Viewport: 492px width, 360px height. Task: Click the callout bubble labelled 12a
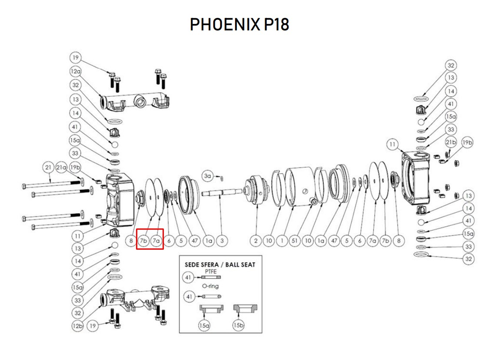[x=75, y=71]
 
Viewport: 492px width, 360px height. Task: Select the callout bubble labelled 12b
[x=77, y=326]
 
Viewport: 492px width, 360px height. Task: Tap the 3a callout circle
[x=207, y=176]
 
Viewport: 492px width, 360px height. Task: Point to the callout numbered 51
[x=295, y=241]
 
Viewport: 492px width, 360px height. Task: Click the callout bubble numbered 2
[x=256, y=241]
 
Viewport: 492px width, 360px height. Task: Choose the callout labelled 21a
[x=61, y=168]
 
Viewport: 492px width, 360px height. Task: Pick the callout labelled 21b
[x=451, y=142]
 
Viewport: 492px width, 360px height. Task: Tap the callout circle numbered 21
[x=48, y=168]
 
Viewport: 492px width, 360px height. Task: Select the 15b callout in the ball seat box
[x=238, y=325]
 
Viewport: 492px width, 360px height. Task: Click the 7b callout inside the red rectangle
[x=143, y=241]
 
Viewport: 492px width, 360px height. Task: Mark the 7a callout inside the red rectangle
[x=156, y=241]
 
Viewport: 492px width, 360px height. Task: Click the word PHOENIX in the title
[x=225, y=24]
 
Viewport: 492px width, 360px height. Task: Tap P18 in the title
[x=276, y=24]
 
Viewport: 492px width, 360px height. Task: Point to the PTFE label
[x=211, y=271]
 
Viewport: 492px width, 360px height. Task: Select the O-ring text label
[x=210, y=286]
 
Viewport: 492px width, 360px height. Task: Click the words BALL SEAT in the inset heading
[x=240, y=264]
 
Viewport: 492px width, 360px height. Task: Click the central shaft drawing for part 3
[x=222, y=192]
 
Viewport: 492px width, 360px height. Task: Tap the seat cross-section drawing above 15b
[x=246, y=309]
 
